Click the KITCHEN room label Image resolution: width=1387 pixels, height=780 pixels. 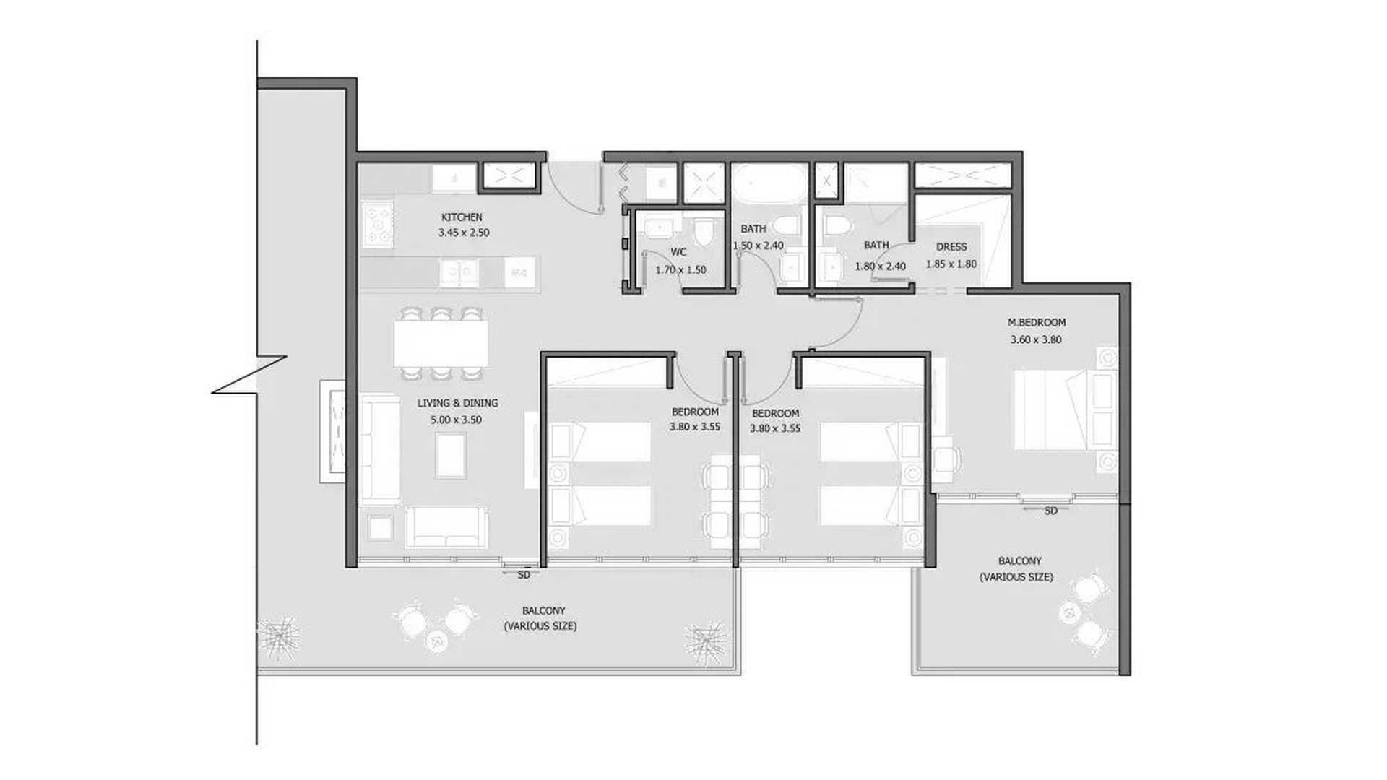[x=462, y=217]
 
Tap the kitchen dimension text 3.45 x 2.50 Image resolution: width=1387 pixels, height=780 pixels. [x=463, y=233]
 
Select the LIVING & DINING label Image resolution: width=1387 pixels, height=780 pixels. [x=457, y=403]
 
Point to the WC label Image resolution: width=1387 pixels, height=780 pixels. [x=678, y=252]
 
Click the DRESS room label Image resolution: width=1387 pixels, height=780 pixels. [x=951, y=247]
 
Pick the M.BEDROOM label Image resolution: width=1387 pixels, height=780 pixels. [x=1036, y=322]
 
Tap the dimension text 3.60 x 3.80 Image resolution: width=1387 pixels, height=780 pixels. [x=1036, y=339]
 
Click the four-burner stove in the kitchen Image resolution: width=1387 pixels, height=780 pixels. [x=378, y=225]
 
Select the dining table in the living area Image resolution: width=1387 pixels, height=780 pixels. [x=441, y=343]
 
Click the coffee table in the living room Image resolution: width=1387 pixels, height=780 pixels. [x=451, y=454]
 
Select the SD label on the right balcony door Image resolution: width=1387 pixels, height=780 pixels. [x=1051, y=511]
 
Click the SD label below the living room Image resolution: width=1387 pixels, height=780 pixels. [x=524, y=575]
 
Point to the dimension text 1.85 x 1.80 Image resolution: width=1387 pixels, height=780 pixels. [x=951, y=264]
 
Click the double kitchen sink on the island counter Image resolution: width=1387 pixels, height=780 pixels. [x=459, y=272]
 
